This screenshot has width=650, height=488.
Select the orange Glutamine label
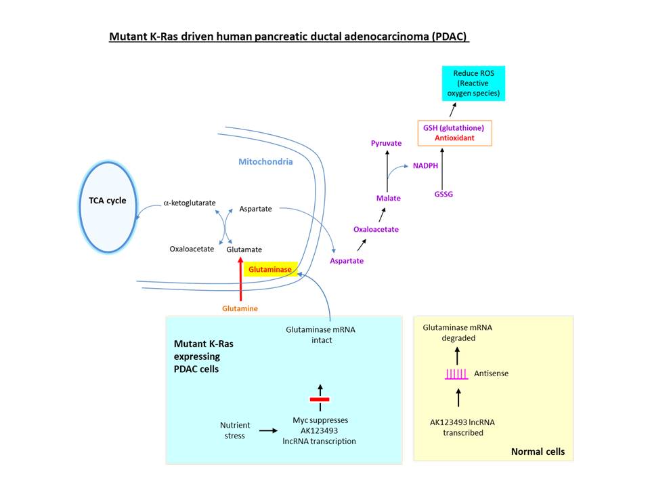[240, 308]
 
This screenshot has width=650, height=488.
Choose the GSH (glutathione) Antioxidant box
[454, 132]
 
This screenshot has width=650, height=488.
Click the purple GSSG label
[443, 195]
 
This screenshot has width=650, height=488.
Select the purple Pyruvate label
[387, 144]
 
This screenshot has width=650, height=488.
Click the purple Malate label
[389, 198]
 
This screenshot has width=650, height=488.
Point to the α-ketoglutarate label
[190, 203]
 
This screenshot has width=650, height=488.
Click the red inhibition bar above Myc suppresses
[319, 399]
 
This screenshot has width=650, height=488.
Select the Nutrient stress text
[235, 430]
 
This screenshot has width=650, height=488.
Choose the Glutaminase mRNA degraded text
[458, 332]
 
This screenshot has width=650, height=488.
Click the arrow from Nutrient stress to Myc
[268, 430]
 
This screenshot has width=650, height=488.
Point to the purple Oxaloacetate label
[376, 229]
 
